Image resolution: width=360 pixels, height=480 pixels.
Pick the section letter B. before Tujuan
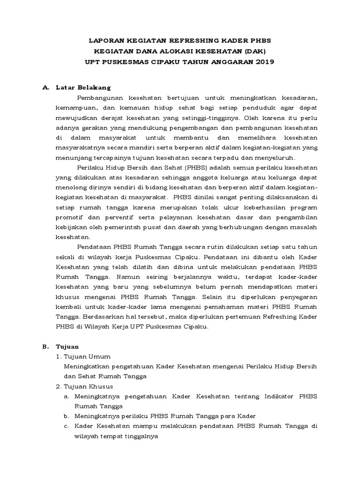tap(46, 346)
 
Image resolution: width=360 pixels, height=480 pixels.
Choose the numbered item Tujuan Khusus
tap(90, 386)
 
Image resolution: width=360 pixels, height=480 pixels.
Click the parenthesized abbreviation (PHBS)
tap(175, 167)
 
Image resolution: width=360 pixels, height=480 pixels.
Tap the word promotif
tap(69, 217)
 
